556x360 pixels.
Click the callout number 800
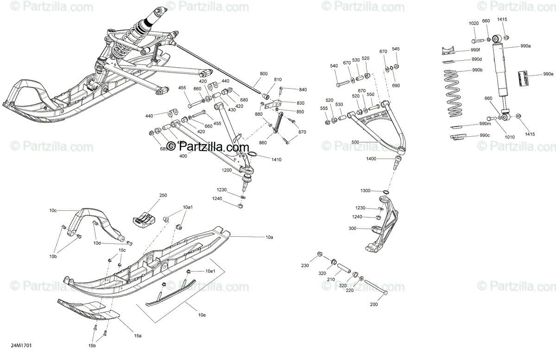pos(264,74)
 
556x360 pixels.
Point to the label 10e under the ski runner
pos(202,315)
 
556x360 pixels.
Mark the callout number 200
pos(374,304)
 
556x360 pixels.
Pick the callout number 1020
pos(474,23)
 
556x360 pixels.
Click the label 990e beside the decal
pos(549,74)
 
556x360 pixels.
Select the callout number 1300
pos(366,191)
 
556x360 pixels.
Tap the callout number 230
pos(304,265)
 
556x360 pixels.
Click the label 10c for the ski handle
pos(53,211)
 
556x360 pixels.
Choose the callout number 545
pos(396,49)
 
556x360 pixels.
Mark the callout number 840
pos(303,89)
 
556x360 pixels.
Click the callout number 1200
pos(226,170)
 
